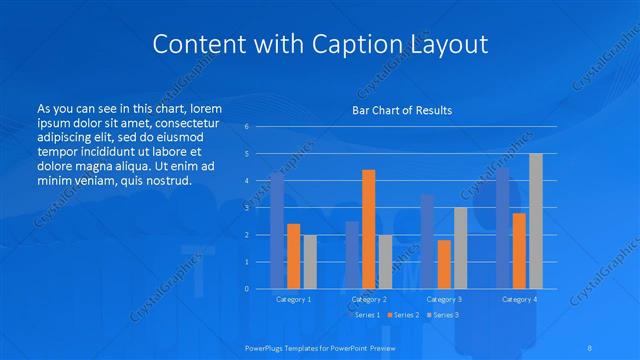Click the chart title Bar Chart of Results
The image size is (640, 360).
tap(402, 110)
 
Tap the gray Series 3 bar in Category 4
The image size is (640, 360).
tap(535, 221)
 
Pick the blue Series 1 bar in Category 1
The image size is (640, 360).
tap(277, 230)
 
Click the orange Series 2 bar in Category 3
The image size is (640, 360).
tap(443, 264)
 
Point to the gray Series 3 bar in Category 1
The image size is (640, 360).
tap(310, 262)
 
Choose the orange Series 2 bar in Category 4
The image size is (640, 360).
tap(518, 251)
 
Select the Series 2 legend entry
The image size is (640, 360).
tap(404, 315)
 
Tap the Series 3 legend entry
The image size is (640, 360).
tap(444, 315)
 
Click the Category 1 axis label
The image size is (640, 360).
tap(294, 299)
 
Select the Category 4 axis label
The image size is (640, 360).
tap(519, 299)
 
